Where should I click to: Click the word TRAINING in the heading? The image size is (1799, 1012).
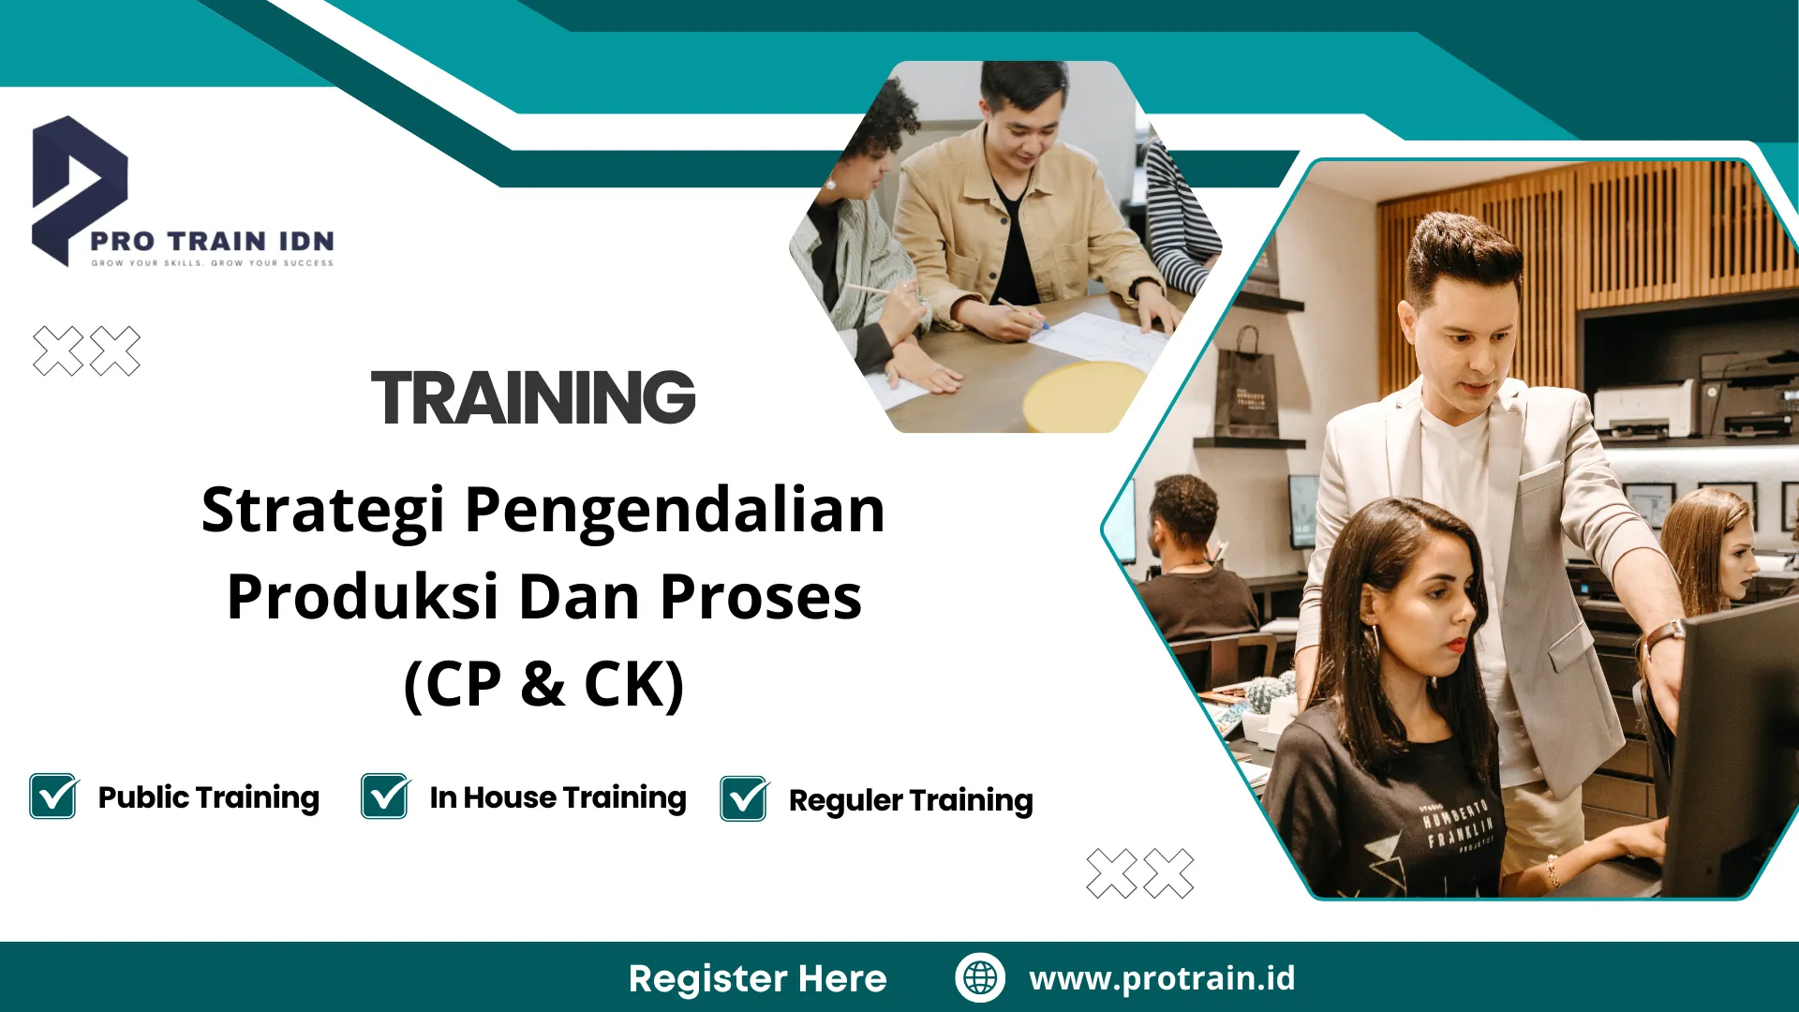click(533, 397)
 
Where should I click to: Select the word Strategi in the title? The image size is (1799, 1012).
click(322, 512)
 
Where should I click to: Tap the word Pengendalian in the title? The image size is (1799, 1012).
click(675, 512)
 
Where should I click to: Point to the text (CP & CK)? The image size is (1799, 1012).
click(543, 684)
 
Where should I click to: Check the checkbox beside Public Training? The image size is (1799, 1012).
click(53, 796)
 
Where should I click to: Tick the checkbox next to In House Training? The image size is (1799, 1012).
click(385, 796)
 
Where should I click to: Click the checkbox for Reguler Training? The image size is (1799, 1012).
click(744, 799)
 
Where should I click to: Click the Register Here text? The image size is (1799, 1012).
click(757, 978)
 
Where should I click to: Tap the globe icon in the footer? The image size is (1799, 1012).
click(980, 977)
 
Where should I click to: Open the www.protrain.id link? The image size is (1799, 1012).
click(1162, 978)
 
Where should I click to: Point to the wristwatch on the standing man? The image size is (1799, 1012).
click(1664, 637)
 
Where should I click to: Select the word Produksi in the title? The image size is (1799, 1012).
click(362, 598)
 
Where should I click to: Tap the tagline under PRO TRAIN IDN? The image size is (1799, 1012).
click(212, 263)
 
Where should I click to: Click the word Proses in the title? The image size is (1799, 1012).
click(761, 598)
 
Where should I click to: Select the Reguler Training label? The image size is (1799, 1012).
click(911, 800)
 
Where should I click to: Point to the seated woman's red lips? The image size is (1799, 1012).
click(1454, 645)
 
